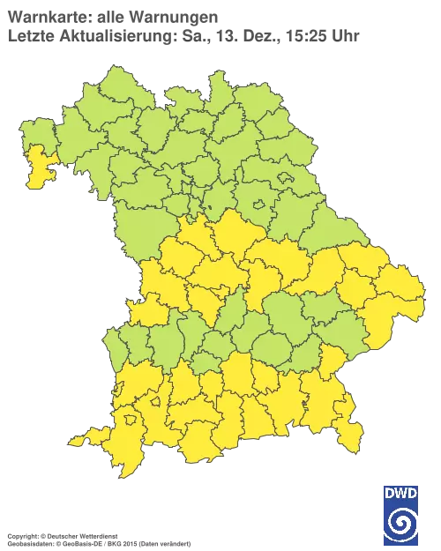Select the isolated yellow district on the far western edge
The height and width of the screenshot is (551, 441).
(x=39, y=168)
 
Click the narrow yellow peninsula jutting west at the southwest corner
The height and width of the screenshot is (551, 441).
(x=86, y=438)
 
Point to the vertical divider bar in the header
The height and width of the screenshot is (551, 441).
(x=209, y=35)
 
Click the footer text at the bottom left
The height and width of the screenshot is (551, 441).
(x=97, y=536)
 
